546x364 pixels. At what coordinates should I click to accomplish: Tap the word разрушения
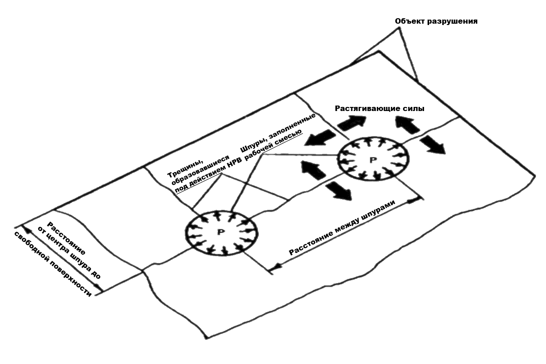(x=451, y=21)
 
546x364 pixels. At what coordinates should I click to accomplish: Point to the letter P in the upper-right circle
(x=373, y=160)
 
